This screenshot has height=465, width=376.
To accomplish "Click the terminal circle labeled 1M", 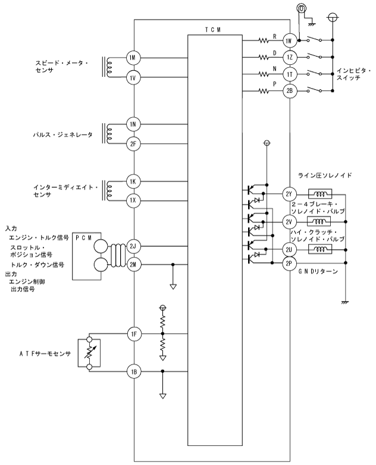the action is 133,58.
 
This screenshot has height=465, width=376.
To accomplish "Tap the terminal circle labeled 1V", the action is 133,78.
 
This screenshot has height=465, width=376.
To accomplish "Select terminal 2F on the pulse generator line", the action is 133,144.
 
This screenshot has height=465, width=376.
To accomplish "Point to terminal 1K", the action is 133,181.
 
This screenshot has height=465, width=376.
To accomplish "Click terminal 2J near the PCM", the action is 133,246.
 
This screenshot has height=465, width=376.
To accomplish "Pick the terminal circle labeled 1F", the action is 134,334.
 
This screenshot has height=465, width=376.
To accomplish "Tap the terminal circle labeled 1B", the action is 134,372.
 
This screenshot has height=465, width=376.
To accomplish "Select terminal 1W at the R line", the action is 289,41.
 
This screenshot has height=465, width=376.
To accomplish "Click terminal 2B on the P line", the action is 289,91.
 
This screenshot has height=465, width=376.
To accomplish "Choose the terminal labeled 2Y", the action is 289,194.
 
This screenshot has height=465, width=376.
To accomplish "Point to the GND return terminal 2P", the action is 289,263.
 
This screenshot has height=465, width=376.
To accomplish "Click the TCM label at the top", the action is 213,30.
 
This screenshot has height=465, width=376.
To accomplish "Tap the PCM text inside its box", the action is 84,238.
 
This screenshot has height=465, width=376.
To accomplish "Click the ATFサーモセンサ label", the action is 45,353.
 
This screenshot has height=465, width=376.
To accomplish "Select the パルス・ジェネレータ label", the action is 62,134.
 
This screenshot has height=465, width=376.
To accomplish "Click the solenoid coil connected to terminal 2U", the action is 320,249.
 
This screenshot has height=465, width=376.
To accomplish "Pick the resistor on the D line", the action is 264,57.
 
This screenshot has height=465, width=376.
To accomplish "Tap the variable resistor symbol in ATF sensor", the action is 89,353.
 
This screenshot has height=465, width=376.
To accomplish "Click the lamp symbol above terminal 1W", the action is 301,8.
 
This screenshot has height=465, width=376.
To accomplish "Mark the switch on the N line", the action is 314,73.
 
